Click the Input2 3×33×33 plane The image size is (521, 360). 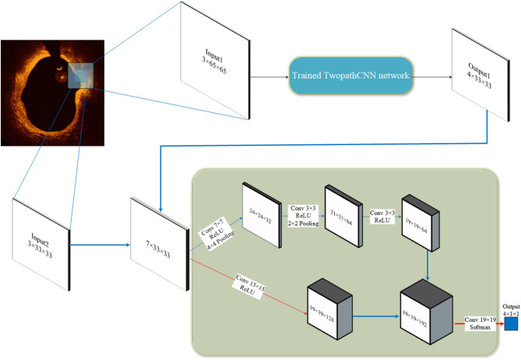pos(40,242)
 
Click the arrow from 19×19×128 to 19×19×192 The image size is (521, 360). pos(371,319)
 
